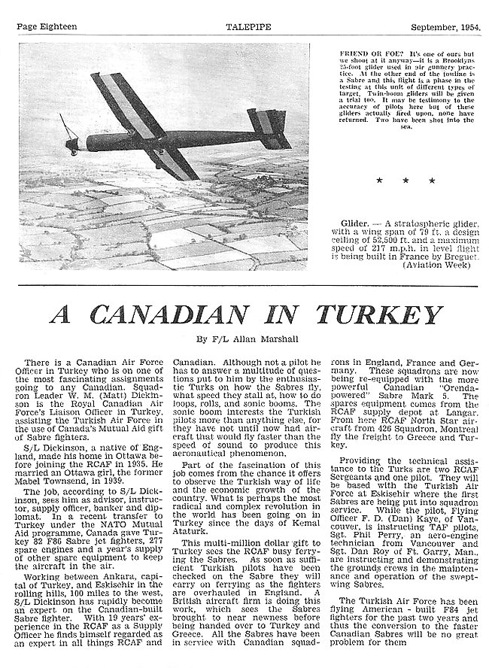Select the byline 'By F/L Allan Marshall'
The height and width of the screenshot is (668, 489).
pos(244,341)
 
